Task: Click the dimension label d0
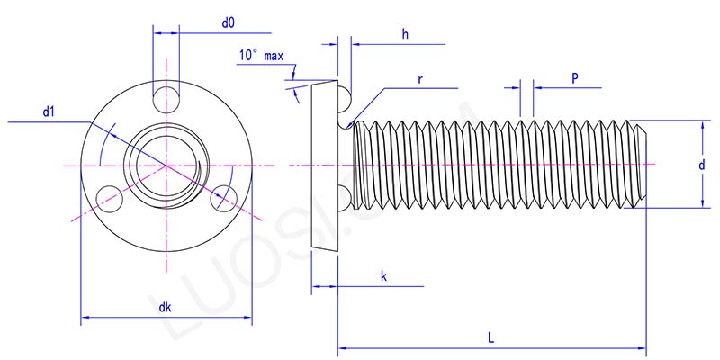(229, 21)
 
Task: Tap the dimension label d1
(49, 112)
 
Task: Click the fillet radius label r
(420, 79)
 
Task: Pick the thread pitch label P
(574, 78)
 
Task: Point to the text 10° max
(261, 56)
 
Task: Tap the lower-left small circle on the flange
(107, 196)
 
